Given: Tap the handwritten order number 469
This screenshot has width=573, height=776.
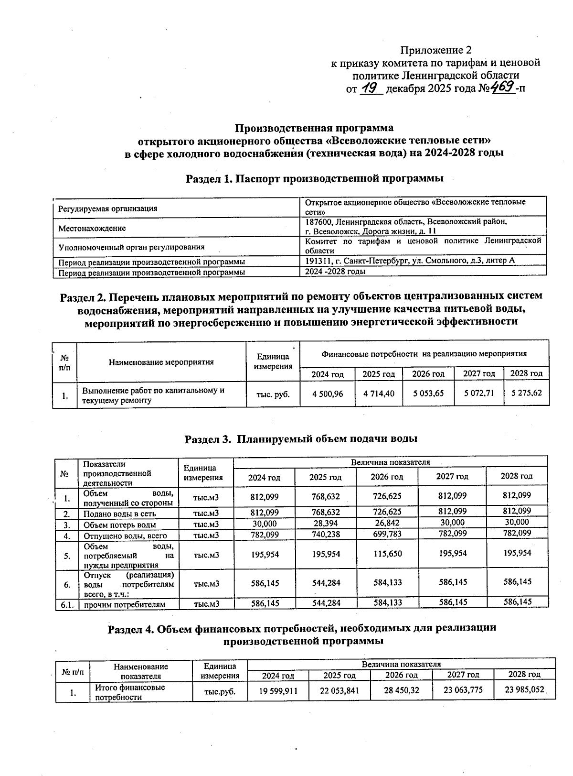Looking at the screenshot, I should [501, 87].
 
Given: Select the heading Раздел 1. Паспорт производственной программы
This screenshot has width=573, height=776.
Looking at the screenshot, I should [315, 179].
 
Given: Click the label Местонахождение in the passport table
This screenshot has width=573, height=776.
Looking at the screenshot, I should [92, 229].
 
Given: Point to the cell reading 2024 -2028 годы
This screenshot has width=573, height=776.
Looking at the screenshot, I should [336, 272].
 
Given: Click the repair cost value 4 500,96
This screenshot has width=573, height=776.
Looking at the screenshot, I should [327, 394].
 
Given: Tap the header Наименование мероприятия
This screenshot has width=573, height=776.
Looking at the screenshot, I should [161, 362].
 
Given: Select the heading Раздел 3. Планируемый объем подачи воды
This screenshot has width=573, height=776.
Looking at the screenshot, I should [301, 439].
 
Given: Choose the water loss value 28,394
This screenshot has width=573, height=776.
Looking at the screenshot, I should [326, 524].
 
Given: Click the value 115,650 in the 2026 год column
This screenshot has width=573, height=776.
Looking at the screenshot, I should [387, 554].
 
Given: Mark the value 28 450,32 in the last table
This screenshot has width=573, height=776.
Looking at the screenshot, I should [401, 690].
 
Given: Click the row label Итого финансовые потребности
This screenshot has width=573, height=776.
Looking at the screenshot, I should [130, 692].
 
